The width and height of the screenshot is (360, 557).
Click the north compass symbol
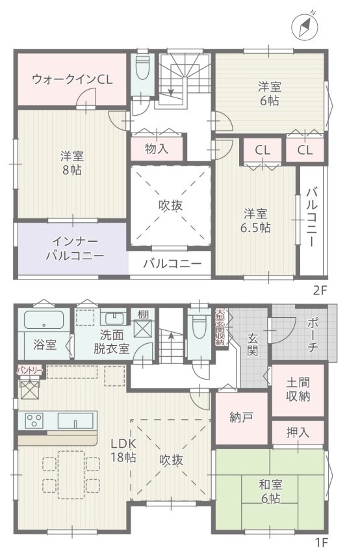[x=304, y=27]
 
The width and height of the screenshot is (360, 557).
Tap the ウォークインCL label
[x=72, y=79]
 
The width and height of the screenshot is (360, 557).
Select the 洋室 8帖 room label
[x=71, y=163]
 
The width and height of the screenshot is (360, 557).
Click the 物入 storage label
[x=157, y=149]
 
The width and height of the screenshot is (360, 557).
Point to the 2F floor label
[x=319, y=291]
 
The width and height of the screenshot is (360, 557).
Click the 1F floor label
[x=321, y=543]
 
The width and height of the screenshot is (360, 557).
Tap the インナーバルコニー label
[x=75, y=249]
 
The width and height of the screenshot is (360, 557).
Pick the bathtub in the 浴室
[x=44, y=320]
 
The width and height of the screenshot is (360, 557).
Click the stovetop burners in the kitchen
[x=34, y=421]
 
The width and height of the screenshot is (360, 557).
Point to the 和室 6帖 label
[x=270, y=491]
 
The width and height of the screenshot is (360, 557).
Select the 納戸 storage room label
[x=242, y=417]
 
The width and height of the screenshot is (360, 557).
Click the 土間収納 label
[x=298, y=390]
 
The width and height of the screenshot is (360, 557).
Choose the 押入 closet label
[x=298, y=432]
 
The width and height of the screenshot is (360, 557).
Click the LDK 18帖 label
[x=123, y=450]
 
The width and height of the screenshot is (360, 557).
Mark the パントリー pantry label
[x=30, y=371]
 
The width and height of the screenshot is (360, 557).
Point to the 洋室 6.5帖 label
[x=255, y=221]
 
